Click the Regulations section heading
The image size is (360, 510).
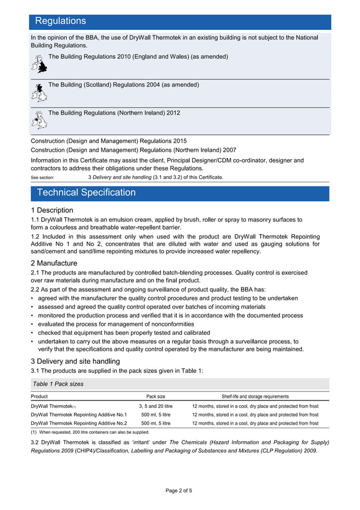tap(60, 21)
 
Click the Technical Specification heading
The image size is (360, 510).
tap(86, 193)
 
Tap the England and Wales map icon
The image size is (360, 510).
tap(38, 64)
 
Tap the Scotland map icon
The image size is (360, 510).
tap(38, 93)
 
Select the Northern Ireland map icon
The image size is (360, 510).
tap(38, 120)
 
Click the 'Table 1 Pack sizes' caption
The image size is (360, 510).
tap(58, 383)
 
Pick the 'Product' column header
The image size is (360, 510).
tap(39, 396)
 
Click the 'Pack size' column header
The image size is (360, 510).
tap(156, 396)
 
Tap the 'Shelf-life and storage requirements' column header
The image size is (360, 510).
tap(255, 396)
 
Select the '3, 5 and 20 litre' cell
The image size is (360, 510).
tap(156, 406)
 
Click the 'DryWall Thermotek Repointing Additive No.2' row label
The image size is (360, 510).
tap(79, 423)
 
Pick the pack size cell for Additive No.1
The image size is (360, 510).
tap(156, 415)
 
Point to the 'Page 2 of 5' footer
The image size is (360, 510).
tap(179, 490)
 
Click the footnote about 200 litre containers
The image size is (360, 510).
tap(90, 432)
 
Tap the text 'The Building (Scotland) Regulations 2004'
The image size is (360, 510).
tap(124, 85)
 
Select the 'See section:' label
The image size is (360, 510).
tap(42, 177)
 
